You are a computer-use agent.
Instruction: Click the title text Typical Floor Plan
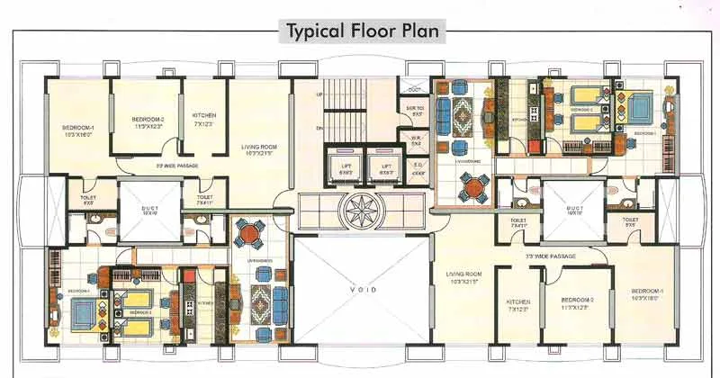pyautogui.click(x=364, y=31)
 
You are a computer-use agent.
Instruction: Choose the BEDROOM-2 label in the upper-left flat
pyautogui.click(x=146, y=121)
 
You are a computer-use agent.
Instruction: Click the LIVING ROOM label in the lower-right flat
pyautogui.click(x=464, y=277)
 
